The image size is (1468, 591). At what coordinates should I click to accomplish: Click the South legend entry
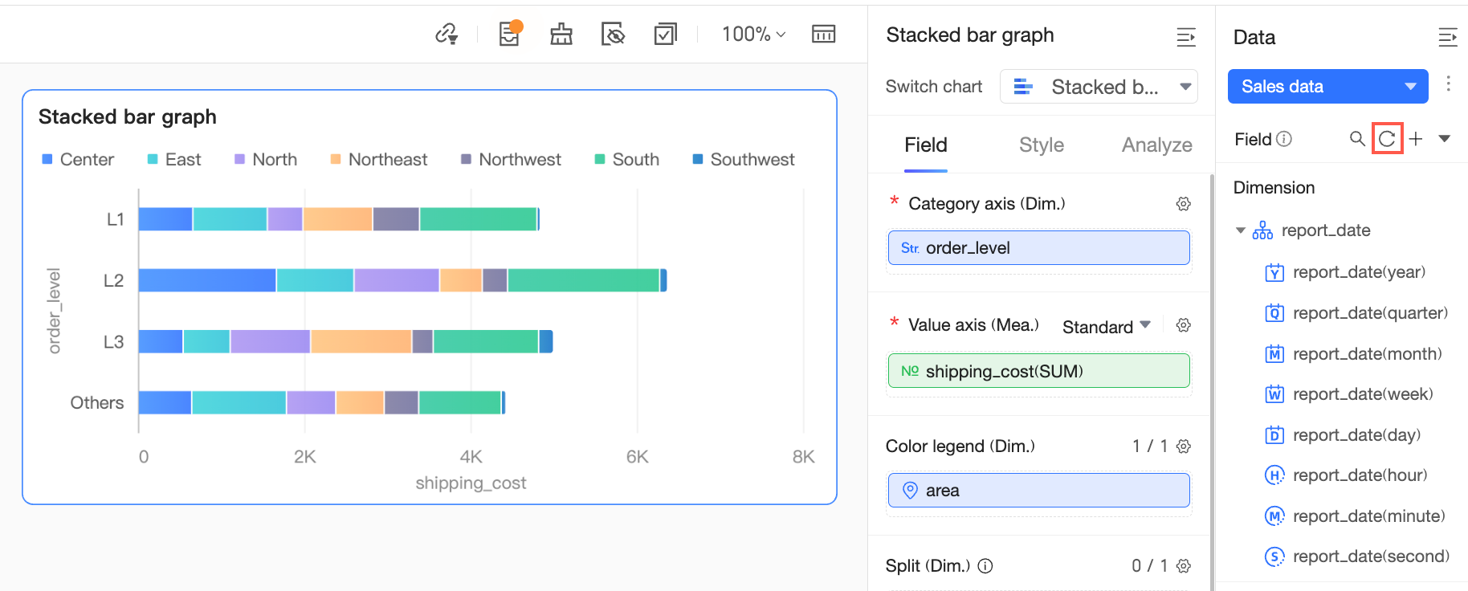click(627, 160)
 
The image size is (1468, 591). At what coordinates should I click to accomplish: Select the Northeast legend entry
click(379, 160)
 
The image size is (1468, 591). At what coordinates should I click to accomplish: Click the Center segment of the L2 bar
click(207, 280)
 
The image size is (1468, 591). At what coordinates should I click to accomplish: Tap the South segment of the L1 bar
click(478, 219)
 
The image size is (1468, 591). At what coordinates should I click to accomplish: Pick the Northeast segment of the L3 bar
click(361, 341)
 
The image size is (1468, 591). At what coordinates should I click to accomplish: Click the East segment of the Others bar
click(239, 402)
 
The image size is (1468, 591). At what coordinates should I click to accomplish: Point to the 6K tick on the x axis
click(637, 457)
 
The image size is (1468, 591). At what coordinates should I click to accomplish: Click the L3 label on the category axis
click(113, 342)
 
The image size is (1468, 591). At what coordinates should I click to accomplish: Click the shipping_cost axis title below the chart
click(471, 483)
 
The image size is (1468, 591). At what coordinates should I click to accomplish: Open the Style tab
click(1041, 145)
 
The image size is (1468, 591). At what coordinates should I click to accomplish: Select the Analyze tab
click(1156, 145)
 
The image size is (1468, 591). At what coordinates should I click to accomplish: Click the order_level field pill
click(1038, 248)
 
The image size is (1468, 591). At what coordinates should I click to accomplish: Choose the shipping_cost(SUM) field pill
click(1038, 371)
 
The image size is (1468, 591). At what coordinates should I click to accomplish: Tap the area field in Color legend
click(1038, 491)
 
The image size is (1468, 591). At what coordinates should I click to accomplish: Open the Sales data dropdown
click(1327, 87)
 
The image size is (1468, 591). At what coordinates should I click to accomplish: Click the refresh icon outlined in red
click(1387, 139)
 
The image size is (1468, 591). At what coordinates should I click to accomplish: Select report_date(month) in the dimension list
click(1367, 354)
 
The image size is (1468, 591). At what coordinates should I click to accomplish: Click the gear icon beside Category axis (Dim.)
click(1183, 204)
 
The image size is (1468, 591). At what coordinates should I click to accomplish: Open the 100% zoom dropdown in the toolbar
click(753, 35)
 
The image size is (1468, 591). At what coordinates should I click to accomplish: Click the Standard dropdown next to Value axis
click(1106, 327)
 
